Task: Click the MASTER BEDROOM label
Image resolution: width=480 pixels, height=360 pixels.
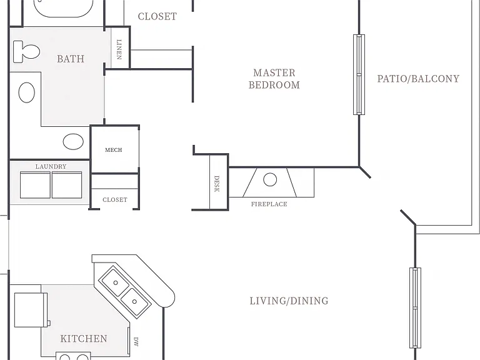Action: tap(274, 79)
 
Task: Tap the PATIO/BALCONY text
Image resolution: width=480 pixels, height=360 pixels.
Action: tap(418, 79)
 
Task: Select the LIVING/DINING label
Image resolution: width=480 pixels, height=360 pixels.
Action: tap(289, 301)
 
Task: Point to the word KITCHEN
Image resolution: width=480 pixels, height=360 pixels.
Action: tap(84, 339)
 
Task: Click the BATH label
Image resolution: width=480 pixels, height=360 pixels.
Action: tap(71, 59)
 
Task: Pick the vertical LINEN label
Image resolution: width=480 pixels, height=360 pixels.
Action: tap(119, 49)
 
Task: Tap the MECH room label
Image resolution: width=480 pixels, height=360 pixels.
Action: tap(114, 150)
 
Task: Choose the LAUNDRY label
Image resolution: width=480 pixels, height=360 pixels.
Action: tap(51, 166)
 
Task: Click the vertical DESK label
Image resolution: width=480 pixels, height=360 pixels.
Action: tap(216, 184)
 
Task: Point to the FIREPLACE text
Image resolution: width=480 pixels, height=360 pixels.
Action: tap(269, 204)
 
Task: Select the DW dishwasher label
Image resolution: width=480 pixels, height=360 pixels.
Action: tap(136, 342)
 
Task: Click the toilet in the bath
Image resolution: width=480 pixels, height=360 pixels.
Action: tap(27, 52)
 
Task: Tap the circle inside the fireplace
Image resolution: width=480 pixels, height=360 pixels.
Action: tap(270, 180)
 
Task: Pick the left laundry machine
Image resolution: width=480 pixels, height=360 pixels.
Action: tap(35, 185)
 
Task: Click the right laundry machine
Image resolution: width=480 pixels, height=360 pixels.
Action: tap(67, 185)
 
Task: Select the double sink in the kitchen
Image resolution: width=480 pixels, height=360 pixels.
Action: tap(125, 292)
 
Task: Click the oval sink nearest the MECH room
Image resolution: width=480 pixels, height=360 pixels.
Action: tap(73, 141)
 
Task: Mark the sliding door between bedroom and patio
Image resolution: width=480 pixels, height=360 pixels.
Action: tap(359, 75)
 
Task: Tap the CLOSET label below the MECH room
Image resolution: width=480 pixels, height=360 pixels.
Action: tap(115, 199)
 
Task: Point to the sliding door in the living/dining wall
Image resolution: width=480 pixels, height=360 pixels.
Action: tap(415, 307)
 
